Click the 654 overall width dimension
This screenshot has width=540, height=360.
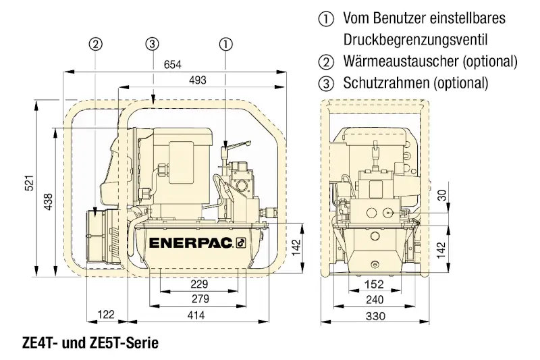click(x=175, y=65)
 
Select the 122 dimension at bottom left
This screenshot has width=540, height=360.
click(x=106, y=314)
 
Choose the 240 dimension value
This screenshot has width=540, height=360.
click(x=374, y=300)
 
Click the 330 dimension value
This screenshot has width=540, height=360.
click(x=374, y=315)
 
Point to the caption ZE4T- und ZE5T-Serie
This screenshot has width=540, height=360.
click(x=82, y=344)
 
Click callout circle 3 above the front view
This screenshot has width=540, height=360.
click(x=153, y=44)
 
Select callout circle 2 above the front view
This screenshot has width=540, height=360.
click(x=97, y=44)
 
